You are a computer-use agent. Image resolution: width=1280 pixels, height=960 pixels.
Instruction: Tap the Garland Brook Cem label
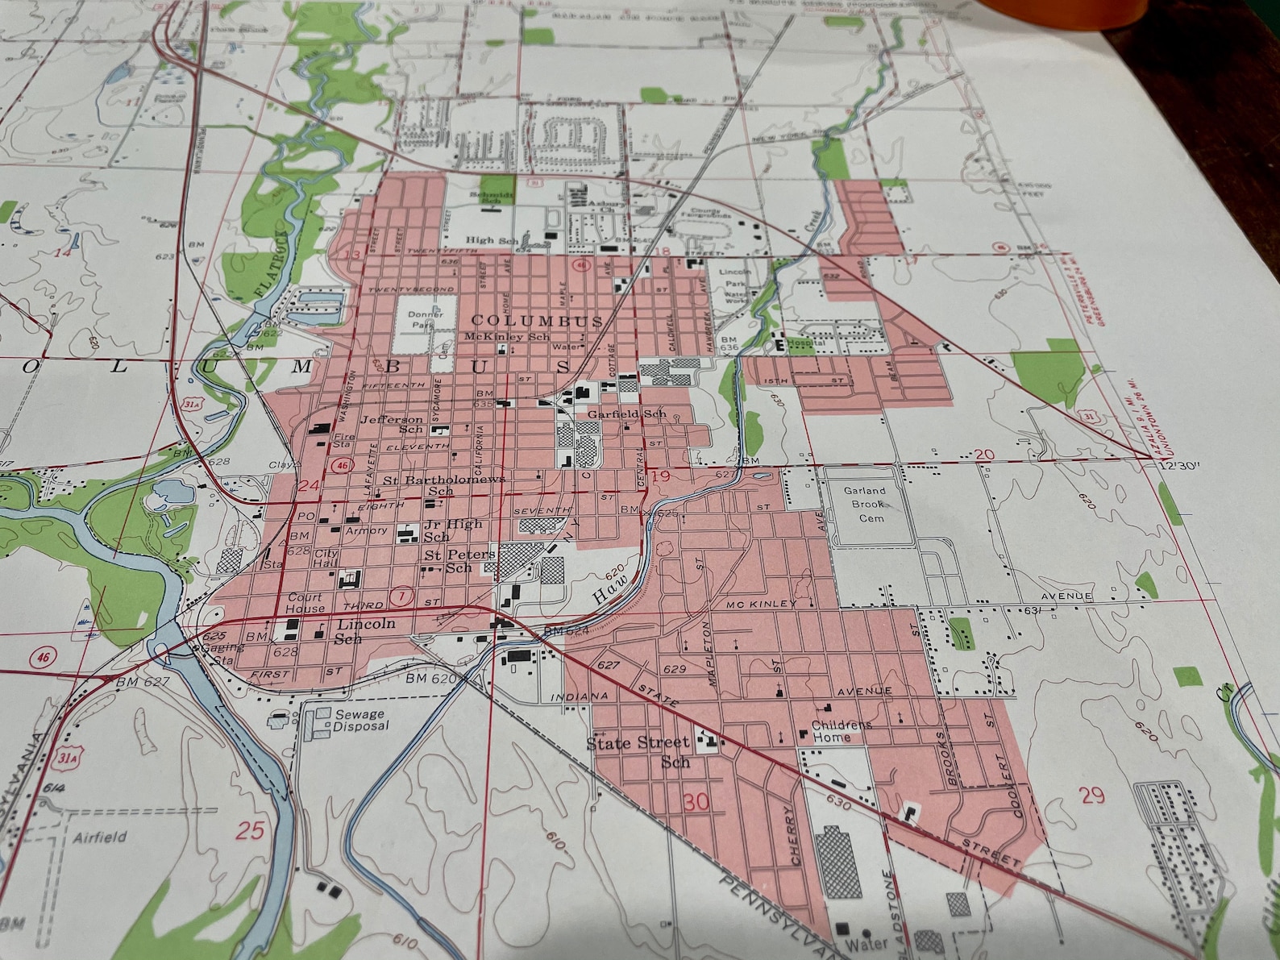[865, 504]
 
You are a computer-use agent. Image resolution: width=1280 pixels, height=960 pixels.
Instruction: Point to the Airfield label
[100, 837]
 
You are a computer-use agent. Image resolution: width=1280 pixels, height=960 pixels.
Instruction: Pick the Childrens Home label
[840, 730]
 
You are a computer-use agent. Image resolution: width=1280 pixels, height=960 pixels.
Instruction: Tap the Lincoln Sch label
[363, 630]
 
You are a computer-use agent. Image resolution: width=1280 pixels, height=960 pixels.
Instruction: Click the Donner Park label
[426, 319]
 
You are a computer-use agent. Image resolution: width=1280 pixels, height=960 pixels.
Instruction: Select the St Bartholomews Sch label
[443, 484]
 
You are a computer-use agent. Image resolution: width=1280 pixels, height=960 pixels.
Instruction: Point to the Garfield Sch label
[627, 414]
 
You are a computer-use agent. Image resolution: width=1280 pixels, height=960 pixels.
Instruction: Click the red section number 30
[696, 801]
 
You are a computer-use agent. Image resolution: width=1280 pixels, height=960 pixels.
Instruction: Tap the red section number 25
[250, 829]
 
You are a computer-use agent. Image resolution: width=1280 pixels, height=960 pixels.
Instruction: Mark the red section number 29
[1092, 795]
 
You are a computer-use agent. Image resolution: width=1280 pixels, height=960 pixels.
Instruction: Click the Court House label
[305, 602]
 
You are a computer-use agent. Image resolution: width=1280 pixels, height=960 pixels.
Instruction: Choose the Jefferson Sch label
[393, 424]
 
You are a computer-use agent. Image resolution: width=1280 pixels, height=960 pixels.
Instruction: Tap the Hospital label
[806, 343]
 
